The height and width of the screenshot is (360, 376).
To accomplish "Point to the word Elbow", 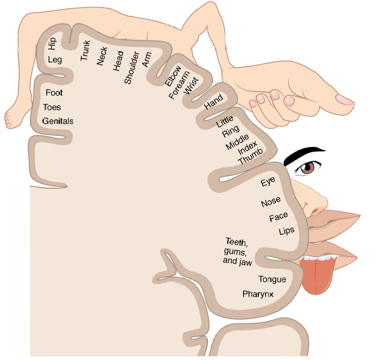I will [173, 75].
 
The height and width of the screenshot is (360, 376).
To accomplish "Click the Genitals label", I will [58, 121].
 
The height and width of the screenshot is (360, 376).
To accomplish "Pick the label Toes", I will [52, 107].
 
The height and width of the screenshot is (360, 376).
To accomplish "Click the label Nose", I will [271, 202].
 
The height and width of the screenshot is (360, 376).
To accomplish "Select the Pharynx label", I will [258, 294].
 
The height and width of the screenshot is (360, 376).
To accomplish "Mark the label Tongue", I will [272, 279].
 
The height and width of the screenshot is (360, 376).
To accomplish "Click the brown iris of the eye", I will [308, 168].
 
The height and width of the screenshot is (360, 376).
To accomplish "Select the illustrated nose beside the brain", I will [313, 200].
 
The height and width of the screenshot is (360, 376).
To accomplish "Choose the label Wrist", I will [191, 86].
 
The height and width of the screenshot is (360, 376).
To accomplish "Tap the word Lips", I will [286, 231].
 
